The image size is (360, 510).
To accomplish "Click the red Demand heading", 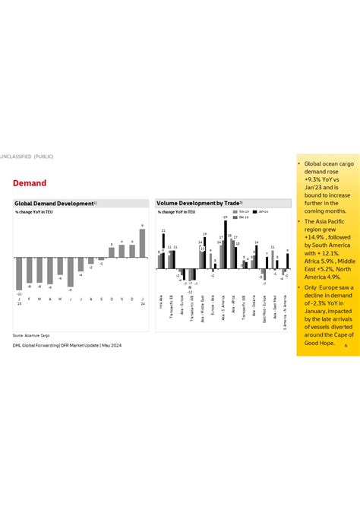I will tap(30, 183).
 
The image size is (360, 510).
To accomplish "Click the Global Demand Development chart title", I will tap(54, 204).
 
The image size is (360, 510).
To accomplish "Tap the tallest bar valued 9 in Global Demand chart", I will tap(142, 243).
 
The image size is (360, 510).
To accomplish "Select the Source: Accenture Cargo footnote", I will tap(31, 334).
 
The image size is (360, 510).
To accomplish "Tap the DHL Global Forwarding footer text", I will tap(67, 345).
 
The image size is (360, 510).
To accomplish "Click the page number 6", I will tap(346, 345).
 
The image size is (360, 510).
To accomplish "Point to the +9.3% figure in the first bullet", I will tap(312, 179).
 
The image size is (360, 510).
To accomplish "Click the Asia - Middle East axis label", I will tap(202, 302).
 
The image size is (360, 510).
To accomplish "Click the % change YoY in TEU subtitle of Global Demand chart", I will tap(34, 212).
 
